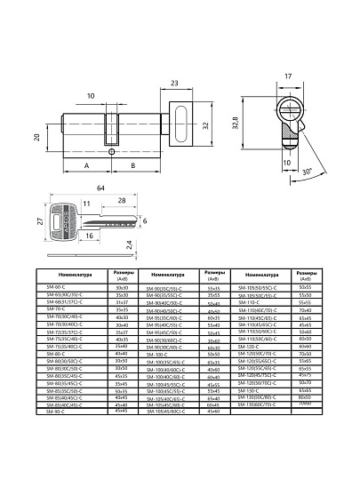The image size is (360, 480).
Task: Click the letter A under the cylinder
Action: (86, 165)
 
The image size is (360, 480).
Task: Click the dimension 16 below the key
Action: (92, 236)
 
